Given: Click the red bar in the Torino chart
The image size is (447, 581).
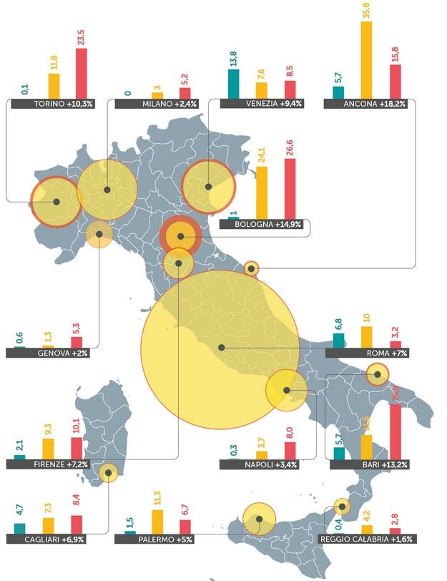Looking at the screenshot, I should click(81, 73).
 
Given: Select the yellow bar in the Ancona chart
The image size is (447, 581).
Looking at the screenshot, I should click(366, 61).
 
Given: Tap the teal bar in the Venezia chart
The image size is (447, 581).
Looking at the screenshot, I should click(233, 84).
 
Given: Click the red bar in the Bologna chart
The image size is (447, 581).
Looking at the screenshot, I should click(290, 187).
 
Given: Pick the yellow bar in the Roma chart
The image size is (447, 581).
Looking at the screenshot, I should click(366, 337).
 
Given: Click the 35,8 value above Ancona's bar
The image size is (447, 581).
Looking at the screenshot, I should click(366, 12).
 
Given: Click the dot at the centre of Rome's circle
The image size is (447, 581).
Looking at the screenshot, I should click(222, 348).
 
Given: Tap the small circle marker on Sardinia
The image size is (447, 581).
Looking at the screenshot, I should click(108, 472).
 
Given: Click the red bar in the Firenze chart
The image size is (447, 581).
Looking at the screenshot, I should click(77, 447).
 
